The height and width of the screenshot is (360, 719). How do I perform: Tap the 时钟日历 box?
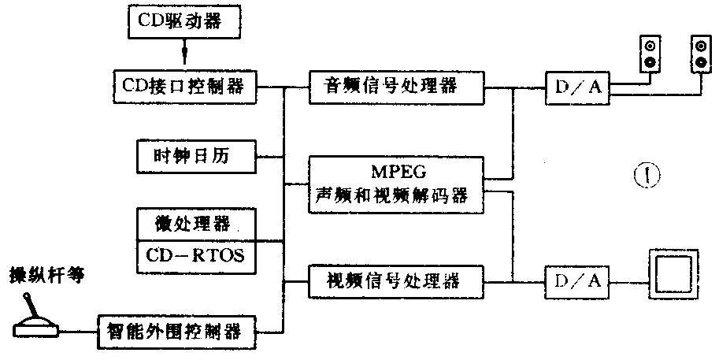[x=197, y=154]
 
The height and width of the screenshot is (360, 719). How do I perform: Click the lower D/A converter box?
[x=577, y=280]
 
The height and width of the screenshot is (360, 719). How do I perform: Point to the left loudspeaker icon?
[x=650, y=54]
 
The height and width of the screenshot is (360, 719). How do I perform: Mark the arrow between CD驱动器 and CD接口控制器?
[x=186, y=55]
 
